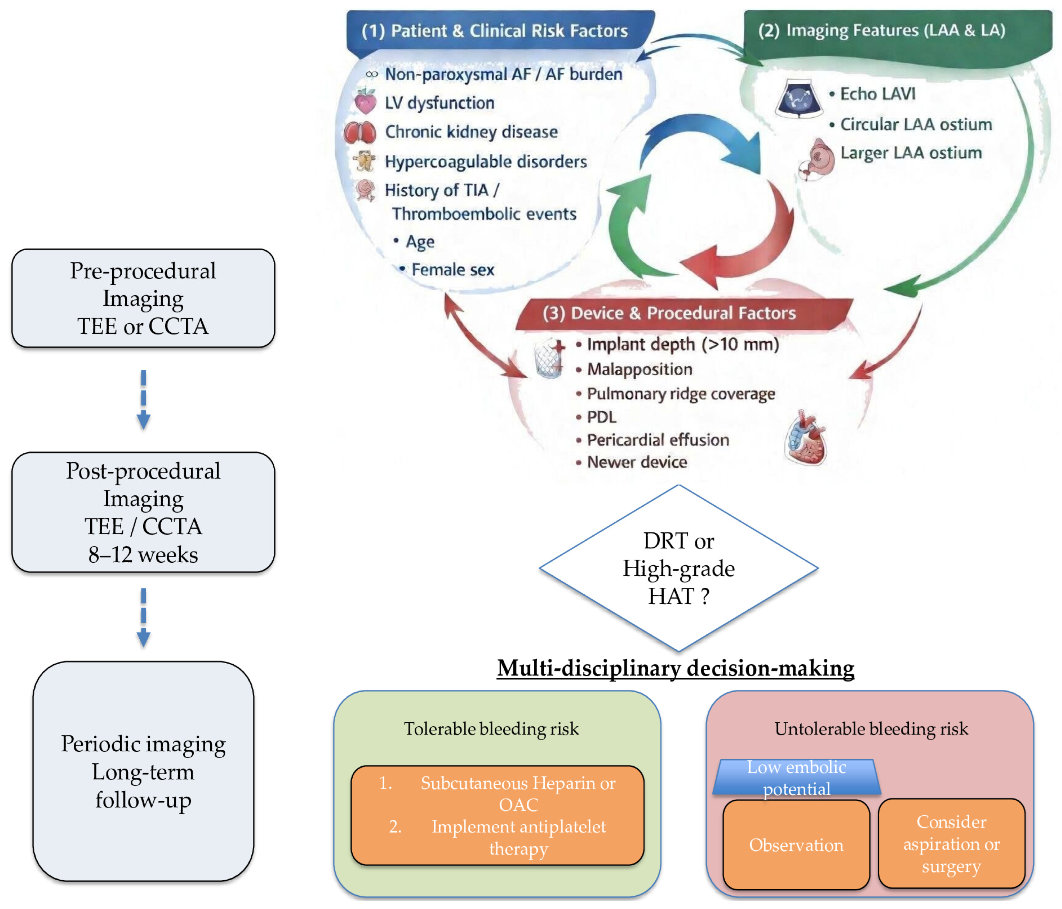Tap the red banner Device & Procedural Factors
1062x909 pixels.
click(684, 313)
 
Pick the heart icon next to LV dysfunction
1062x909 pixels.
click(366, 101)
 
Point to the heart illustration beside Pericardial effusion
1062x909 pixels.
click(806, 438)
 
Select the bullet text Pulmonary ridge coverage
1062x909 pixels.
click(681, 394)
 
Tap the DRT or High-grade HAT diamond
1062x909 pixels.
click(679, 568)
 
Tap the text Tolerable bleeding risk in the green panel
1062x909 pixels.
click(491, 729)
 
